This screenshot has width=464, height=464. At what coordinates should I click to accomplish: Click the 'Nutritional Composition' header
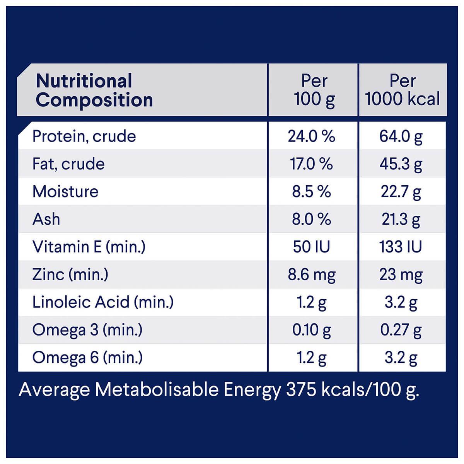click(x=94, y=90)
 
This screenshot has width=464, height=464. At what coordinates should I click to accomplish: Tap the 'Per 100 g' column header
click(x=314, y=90)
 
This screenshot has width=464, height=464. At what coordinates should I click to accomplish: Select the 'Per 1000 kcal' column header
click(x=403, y=90)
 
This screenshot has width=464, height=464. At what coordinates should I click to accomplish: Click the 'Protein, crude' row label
click(x=84, y=136)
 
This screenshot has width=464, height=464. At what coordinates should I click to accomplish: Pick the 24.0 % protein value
click(x=311, y=136)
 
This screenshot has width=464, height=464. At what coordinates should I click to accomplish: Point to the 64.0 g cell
click(x=401, y=136)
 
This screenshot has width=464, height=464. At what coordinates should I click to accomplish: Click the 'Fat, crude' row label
click(x=68, y=164)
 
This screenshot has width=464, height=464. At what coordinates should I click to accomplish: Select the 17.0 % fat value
click(x=311, y=164)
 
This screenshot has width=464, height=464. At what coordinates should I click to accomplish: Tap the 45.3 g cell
click(x=401, y=164)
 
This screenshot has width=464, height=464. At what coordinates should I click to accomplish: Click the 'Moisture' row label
click(x=65, y=192)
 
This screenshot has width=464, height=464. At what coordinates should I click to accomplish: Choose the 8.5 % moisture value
click(x=311, y=192)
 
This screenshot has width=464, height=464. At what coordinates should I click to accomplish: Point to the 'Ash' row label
click(x=46, y=219)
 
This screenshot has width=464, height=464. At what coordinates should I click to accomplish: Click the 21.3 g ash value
click(x=401, y=219)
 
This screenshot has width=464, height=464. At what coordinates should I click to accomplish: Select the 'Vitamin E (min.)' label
click(x=89, y=247)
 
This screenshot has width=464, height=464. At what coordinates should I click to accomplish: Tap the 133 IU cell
click(x=401, y=247)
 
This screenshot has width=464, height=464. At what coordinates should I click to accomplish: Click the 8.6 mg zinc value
click(x=312, y=275)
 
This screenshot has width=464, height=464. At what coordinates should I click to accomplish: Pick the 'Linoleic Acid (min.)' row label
click(x=103, y=302)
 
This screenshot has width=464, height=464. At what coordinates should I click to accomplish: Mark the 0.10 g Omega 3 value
click(x=311, y=330)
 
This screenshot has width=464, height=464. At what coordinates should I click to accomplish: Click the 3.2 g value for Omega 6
click(x=401, y=358)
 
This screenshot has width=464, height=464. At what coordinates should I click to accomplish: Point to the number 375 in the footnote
click(x=299, y=390)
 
